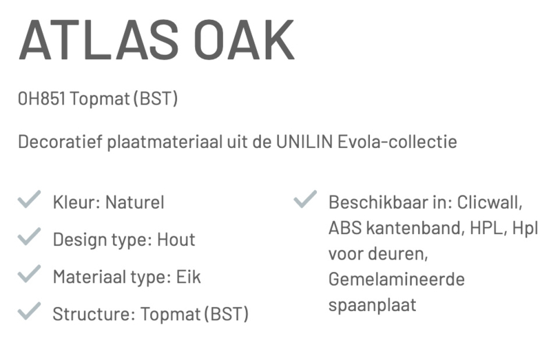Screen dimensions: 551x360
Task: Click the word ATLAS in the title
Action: coord(98,40)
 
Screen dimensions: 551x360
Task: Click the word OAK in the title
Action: coord(245,40)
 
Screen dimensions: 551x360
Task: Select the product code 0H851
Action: coord(41,98)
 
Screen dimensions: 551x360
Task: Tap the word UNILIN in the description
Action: coord(304,142)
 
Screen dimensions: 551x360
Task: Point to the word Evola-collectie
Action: coord(397,142)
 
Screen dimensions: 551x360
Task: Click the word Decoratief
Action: coord(60,142)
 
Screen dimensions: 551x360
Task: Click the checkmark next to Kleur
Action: coord(29,199)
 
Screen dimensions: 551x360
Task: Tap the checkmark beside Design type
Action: coord(29,236)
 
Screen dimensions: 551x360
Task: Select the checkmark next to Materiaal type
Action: coord(29,273)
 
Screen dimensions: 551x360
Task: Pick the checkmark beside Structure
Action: coord(29,311)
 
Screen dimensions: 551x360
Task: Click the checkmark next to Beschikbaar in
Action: coord(305,199)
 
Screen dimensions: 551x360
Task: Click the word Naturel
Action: coord(135,202)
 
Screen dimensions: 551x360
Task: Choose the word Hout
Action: coord(176,240)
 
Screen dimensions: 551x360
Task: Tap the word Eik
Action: coord(188,277)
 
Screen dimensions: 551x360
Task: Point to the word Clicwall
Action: coord(490,202)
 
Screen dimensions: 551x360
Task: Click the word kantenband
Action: coord(413,228)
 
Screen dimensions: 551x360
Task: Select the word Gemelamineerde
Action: coord(397,279)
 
